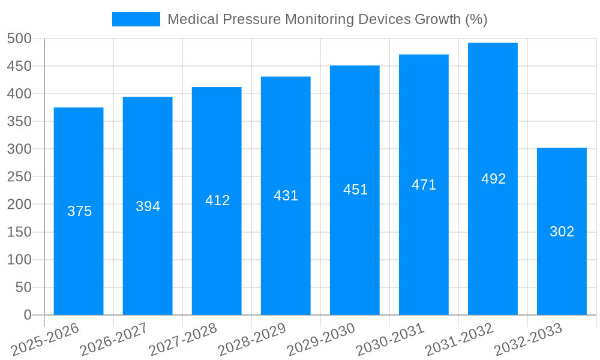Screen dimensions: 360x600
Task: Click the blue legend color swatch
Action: tap(136, 19)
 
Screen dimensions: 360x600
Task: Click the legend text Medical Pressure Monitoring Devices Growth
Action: tap(327, 19)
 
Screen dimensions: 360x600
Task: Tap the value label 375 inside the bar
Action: tap(79, 211)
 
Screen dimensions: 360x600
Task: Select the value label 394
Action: tap(148, 206)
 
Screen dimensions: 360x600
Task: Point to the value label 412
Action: tap(217, 200)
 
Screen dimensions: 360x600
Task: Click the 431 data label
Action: tap(286, 196)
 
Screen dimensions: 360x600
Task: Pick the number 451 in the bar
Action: tap(355, 190)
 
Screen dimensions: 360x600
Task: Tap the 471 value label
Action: tap(424, 185)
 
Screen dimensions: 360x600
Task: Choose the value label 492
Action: tap(493, 179)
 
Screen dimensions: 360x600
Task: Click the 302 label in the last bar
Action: tap(562, 232)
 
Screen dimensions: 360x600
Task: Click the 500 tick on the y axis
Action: tap(19, 38)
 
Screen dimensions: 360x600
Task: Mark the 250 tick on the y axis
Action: tap(19, 176)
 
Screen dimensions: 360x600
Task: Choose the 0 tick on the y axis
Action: tap(28, 315)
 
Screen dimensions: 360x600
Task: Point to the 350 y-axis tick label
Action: tap(19, 121)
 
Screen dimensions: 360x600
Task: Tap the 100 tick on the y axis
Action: tap(19, 260)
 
